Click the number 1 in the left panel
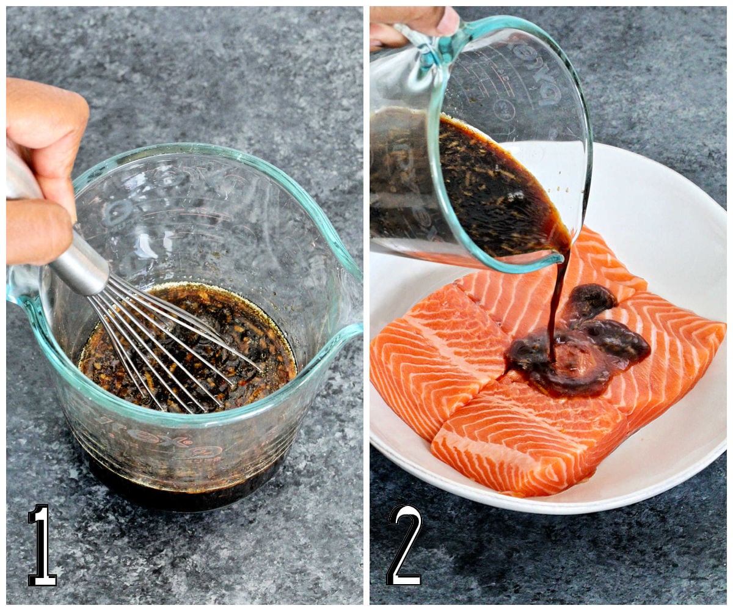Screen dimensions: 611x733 point(42,545)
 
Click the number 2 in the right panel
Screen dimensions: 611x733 point(404,545)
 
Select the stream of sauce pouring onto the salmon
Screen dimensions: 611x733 point(556,299)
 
